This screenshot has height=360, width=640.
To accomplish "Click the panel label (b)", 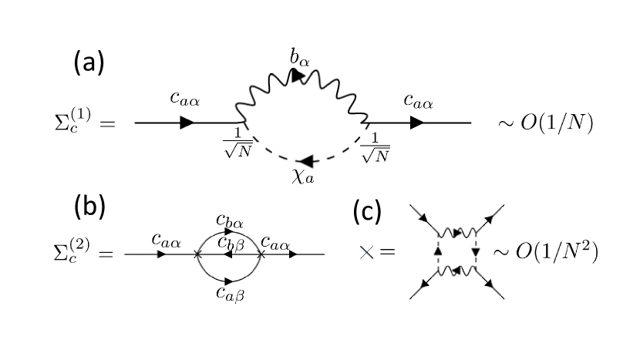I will point(89,208).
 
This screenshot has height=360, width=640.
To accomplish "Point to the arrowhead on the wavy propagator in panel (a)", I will point(298,75).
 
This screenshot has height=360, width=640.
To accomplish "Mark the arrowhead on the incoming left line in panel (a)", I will point(187,123).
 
